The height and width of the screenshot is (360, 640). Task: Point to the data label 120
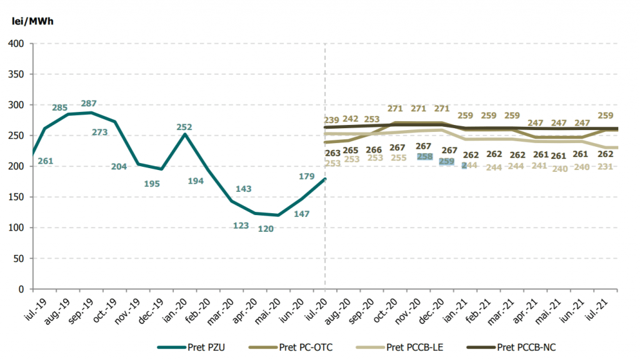pos(266,229)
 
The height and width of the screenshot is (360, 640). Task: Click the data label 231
pos(605,167)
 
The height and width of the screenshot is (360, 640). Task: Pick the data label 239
pos(332,120)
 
